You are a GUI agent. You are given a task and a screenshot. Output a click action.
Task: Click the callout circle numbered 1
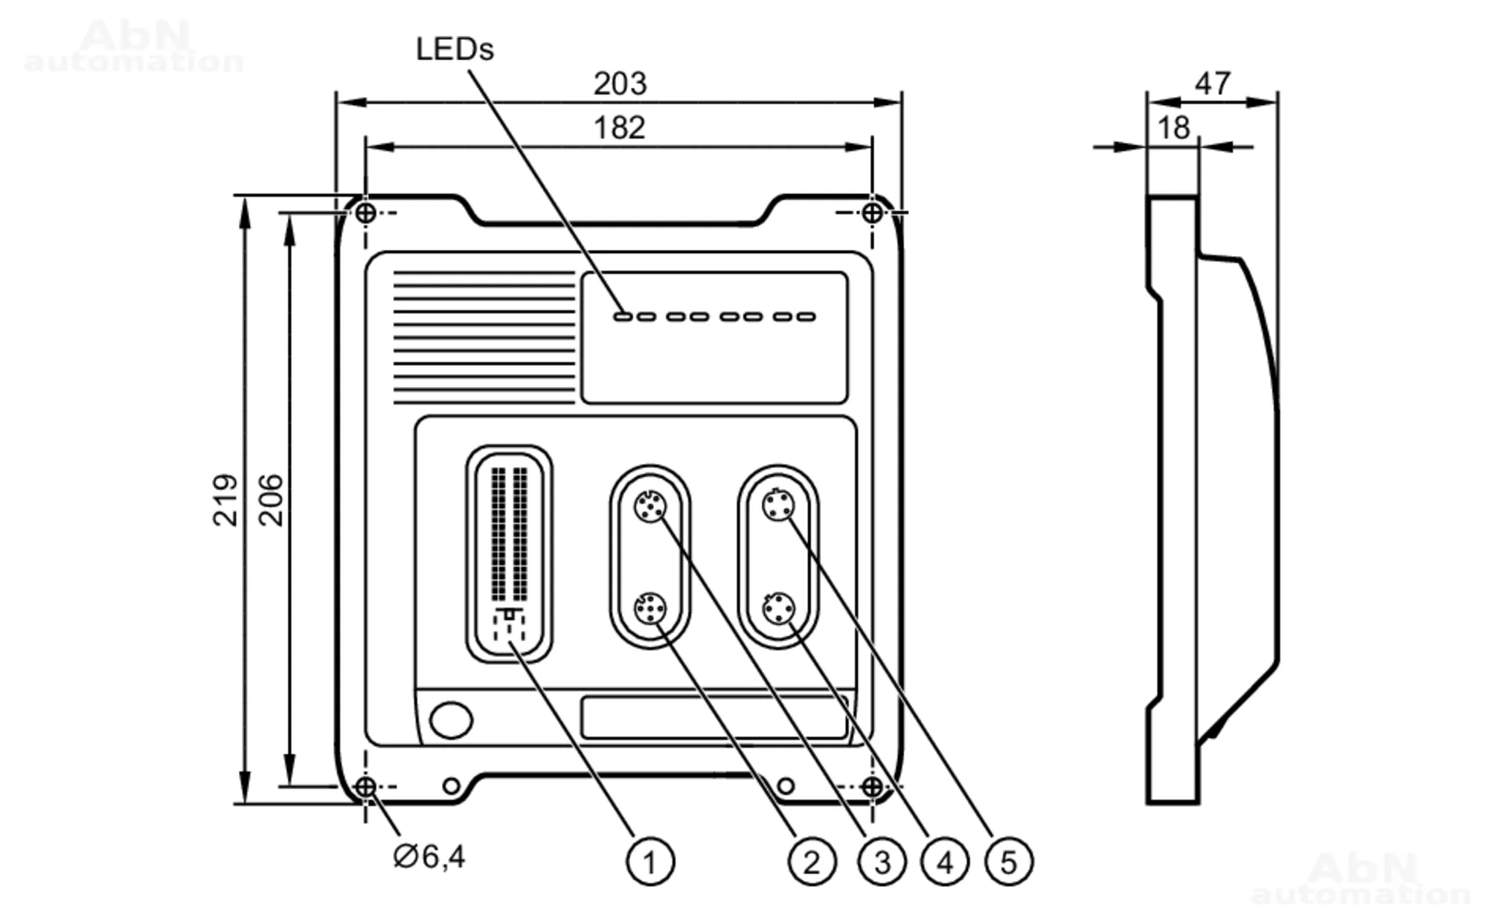pyautogui.click(x=650, y=862)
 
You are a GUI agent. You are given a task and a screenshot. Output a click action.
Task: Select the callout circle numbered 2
pyautogui.click(x=812, y=862)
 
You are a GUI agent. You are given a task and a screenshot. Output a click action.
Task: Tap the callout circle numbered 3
pyautogui.click(x=882, y=862)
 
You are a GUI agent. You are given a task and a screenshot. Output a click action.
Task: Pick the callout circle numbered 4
pyautogui.click(x=945, y=862)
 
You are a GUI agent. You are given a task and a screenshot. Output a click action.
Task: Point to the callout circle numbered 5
pyautogui.click(x=1009, y=862)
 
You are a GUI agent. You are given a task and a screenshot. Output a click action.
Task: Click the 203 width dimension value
pyautogui.click(x=620, y=84)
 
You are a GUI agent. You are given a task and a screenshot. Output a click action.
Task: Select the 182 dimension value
pyautogui.click(x=619, y=128)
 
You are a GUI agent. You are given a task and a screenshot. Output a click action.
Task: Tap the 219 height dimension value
pyautogui.click(x=225, y=500)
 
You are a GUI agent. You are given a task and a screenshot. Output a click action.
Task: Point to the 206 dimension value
pyautogui.click(x=271, y=500)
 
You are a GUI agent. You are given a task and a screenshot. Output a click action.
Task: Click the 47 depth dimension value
pyautogui.click(x=1213, y=83)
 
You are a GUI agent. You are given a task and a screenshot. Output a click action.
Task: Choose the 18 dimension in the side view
pyautogui.click(x=1173, y=129)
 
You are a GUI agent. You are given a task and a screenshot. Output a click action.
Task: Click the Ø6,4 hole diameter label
pyautogui.click(x=429, y=856)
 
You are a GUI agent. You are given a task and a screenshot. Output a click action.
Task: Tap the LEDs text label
pyautogui.click(x=455, y=50)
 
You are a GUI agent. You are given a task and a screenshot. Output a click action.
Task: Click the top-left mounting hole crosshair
pyautogui.click(x=365, y=213)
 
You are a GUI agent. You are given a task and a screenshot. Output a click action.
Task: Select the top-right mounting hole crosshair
pyautogui.click(x=872, y=213)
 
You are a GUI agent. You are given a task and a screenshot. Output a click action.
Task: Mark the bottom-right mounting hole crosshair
pyautogui.click(x=872, y=786)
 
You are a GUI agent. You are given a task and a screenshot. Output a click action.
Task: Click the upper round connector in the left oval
pyautogui.click(x=650, y=507)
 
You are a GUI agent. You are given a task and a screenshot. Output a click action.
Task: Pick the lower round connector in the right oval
pyautogui.click(x=778, y=609)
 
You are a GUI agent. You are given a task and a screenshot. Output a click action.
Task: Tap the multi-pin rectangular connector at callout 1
pyautogui.click(x=509, y=554)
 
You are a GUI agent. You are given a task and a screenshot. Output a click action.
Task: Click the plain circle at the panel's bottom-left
pyautogui.click(x=451, y=720)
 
